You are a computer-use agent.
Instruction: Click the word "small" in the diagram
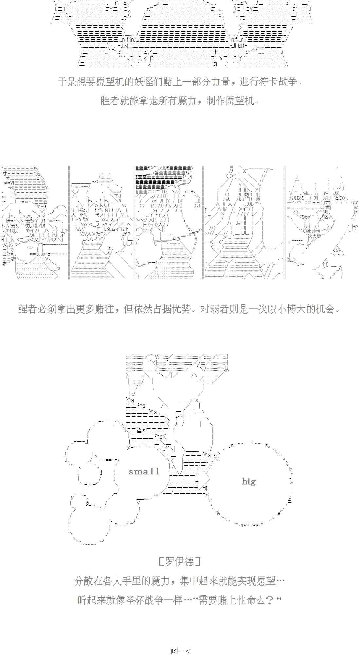[x=144, y=472]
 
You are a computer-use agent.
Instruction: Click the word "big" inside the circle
[x=248, y=481]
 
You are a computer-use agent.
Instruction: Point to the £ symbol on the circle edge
[x=290, y=500]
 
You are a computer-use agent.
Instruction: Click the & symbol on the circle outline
[x=218, y=513]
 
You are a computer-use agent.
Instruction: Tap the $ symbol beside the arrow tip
[x=206, y=488]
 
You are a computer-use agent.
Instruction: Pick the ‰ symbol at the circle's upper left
[x=216, y=457]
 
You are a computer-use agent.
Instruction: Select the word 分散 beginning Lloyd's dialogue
[x=84, y=581]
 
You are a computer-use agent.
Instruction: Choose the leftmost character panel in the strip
[x=34, y=223]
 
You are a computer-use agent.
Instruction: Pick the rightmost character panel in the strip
[x=322, y=223]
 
